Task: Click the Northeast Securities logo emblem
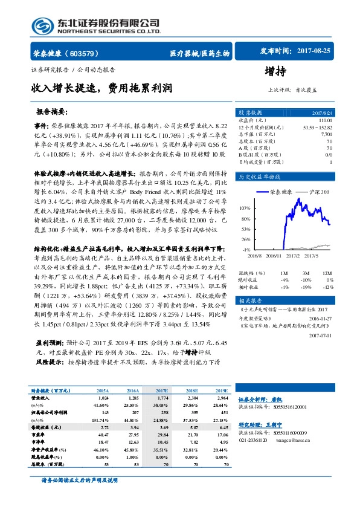pos(43,25)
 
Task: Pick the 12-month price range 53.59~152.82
pos(317,127)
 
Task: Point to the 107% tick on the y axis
pos(243,207)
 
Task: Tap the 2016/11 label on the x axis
pos(275,255)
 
